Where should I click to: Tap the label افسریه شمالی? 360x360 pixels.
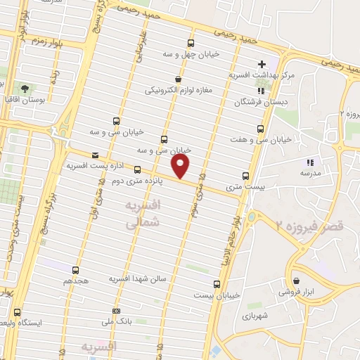(143, 213)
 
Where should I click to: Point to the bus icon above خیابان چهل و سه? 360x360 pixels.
(191, 43)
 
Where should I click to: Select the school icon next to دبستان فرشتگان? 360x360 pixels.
(261, 91)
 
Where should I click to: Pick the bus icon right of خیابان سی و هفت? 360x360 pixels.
(261, 129)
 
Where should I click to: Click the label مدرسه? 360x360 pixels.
(310, 172)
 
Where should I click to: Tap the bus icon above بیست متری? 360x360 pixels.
(245, 176)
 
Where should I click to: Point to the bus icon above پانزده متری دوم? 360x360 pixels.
(137, 169)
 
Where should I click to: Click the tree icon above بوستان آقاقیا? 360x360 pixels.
(25, 89)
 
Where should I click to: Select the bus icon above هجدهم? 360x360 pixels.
(77, 269)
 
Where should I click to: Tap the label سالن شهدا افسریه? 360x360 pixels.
(137, 279)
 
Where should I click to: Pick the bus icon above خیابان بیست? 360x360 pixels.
(217, 284)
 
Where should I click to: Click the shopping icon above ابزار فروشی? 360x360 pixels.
(296, 281)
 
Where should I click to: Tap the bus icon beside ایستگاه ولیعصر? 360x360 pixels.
(18, 312)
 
